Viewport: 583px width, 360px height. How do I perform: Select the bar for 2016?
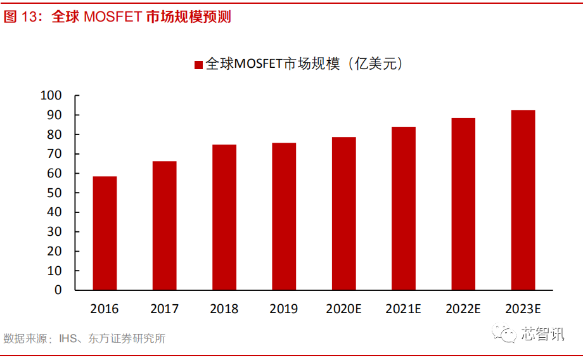[105, 233]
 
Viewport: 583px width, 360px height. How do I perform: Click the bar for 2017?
[164, 225]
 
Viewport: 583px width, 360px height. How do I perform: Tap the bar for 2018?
[224, 217]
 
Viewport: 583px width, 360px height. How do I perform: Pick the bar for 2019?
[284, 216]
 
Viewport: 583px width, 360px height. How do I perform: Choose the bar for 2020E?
[343, 213]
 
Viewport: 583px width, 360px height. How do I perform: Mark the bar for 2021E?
[404, 208]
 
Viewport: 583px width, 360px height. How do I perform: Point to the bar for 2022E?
[463, 203]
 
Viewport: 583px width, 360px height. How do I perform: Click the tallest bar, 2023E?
[523, 200]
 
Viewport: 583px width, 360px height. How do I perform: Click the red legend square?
[198, 64]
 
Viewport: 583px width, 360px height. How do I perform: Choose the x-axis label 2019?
[284, 309]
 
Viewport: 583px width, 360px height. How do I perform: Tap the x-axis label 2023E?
[523, 309]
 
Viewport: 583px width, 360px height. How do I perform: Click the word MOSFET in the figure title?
[113, 17]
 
